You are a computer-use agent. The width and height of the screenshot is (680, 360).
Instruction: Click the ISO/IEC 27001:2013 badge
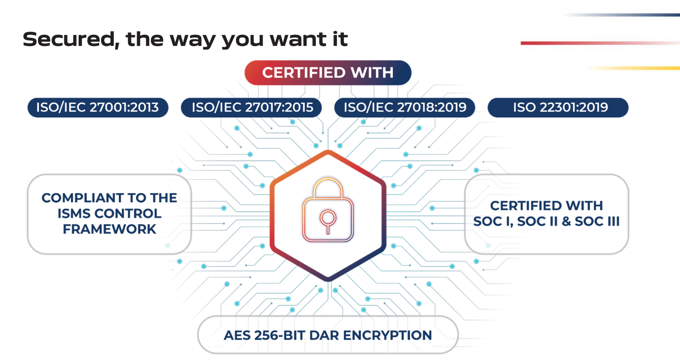pyautogui.click(x=98, y=108)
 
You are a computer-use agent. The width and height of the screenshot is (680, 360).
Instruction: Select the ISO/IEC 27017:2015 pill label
pyautogui.click(x=252, y=108)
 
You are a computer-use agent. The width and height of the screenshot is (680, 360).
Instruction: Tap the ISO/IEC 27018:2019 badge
pyautogui.click(x=405, y=108)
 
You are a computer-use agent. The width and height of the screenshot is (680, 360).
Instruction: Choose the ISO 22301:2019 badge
pyautogui.click(x=558, y=108)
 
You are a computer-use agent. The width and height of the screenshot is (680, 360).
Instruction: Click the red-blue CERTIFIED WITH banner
pyautogui.click(x=328, y=72)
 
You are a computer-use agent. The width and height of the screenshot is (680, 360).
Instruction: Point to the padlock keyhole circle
pyautogui.click(x=328, y=218)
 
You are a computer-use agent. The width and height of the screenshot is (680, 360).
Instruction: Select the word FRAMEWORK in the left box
pyautogui.click(x=109, y=229)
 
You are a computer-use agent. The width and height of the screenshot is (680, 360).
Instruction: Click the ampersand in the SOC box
pyautogui.click(x=566, y=221)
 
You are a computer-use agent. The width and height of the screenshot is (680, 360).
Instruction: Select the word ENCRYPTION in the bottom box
pyautogui.click(x=387, y=335)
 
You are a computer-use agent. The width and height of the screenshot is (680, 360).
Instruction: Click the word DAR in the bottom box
pyautogui.click(x=324, y=335)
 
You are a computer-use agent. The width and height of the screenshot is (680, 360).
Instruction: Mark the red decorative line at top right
pyautogui.click(x=600, y=43)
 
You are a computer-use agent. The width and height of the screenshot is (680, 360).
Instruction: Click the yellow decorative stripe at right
pyautogui.click(x=634, y=68)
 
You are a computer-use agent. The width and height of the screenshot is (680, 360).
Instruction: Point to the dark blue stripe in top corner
pyautogui.click(x=622, y=15)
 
